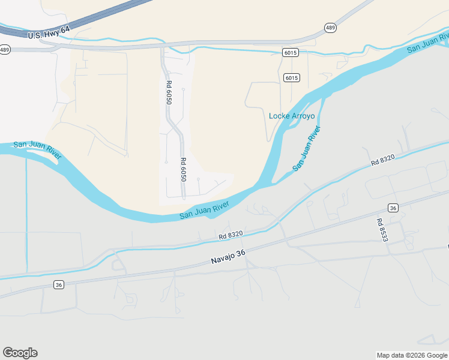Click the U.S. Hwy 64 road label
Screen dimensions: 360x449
(49, 32)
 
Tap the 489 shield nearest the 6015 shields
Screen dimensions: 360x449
(330, 28)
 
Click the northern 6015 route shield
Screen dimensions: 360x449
(291, 53)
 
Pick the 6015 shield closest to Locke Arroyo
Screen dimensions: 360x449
(292, 78)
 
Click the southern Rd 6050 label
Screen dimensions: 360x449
(183, 169)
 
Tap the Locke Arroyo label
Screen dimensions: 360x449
(292, 116)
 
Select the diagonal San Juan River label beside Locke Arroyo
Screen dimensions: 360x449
(306, 149)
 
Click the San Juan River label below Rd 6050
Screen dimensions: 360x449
(205, 210)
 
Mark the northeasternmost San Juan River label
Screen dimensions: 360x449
(427, 43)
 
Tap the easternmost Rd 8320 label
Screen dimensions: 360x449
(382, 160)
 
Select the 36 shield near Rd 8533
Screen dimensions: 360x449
(393, 208)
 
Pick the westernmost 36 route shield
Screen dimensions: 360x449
(58, 284)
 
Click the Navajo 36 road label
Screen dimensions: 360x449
(229, 257)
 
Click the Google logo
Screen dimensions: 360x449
(20, 353)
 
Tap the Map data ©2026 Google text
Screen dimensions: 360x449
(412, 355)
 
